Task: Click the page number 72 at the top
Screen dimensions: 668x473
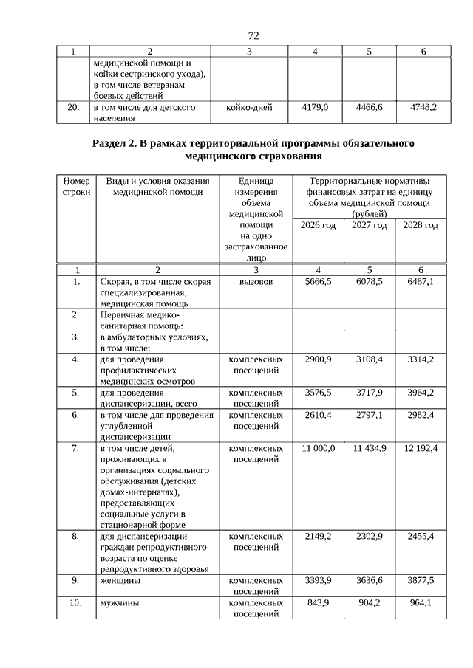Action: (x=253, y=35)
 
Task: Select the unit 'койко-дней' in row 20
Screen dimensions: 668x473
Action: (x=248, y=108)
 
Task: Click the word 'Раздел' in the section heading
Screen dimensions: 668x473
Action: (x=112, y=143)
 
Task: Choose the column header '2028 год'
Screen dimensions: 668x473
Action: (x=420, y=225)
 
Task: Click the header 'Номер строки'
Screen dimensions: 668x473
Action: (x=76, y=187)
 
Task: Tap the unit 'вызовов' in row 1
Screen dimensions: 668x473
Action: (x=248, y=283)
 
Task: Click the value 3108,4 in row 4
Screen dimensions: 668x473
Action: (x=370, y=359)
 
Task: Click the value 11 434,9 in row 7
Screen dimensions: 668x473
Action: (x=370, y=449)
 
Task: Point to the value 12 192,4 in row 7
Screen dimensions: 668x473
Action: (x=420, y=449)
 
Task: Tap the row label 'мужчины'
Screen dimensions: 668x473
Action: (x=119, y=603)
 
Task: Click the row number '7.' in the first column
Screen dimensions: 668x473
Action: (x=76, y=449)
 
